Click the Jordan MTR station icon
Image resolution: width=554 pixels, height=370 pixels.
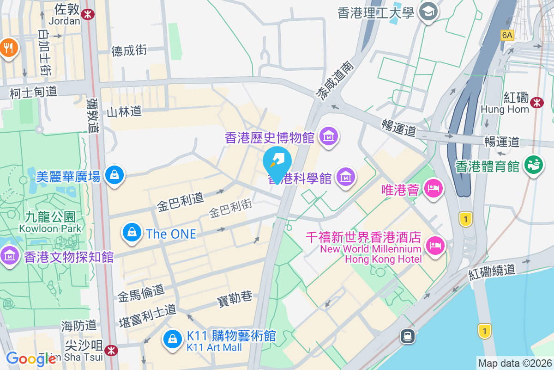(87, 14)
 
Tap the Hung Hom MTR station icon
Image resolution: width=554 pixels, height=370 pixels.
(537, 103)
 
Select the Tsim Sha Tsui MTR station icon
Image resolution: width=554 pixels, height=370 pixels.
(111, 350)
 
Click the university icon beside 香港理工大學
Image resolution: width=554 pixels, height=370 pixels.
(428, 12)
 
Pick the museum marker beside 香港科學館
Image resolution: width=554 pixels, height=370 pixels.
(345, 177)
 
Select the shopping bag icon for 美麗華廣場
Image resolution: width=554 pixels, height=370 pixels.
(114, 175)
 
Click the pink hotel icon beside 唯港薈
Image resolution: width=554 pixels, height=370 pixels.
(434, 189)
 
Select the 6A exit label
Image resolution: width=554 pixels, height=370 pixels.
(507, 35)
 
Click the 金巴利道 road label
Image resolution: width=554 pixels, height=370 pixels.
(180, 203)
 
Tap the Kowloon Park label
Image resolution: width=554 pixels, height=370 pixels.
(50, 228)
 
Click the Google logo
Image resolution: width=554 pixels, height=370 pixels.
(31, 359)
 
